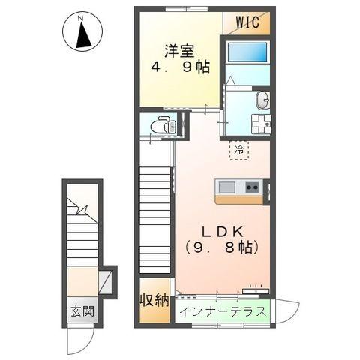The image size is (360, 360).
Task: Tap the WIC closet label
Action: click(247, 22)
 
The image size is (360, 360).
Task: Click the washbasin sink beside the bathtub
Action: click(263, 100)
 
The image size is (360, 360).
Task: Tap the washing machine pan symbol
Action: click(261, 124)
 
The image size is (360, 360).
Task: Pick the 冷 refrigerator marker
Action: click(238, 150)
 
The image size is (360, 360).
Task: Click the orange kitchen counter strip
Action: click(238, 199)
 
